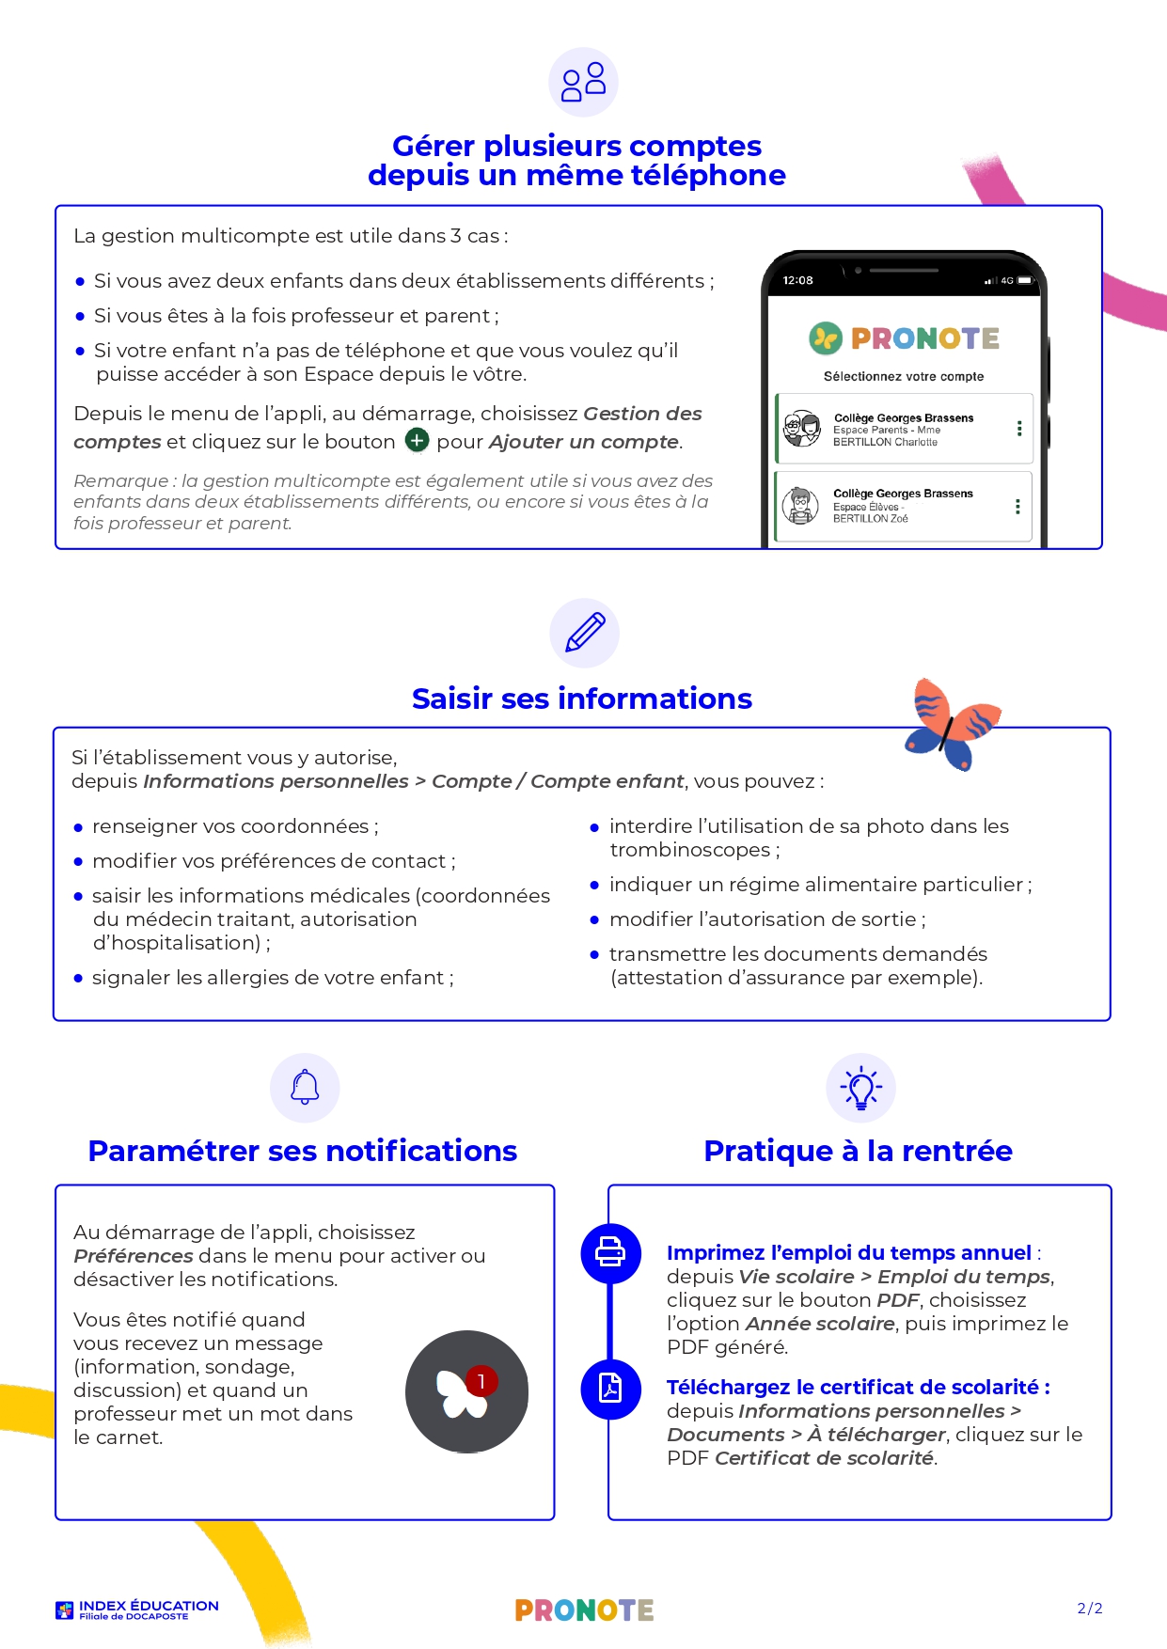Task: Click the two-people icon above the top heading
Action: point(583,82)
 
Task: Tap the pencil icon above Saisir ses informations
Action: point(584,633)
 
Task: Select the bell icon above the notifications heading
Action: point(305,1088)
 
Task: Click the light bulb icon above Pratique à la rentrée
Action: point(860,1088)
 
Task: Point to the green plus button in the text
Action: point(417,440)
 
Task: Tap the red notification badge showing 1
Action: point(481,1381)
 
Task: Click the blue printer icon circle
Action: point(610,1252)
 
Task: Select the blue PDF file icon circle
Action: point(610,1389)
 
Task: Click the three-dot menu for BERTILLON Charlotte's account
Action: point(1019,429)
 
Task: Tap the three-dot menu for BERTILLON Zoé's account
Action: point(1017,507)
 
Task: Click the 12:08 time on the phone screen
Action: point(797,280)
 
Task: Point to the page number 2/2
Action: point(1090,1609)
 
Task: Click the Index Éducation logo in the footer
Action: point(137,1610)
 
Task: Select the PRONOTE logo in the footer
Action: point(584,1610)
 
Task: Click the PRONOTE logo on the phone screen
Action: point(905,338)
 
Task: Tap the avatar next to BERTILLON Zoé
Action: point(800,506)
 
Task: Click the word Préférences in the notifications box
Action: point(134,1256)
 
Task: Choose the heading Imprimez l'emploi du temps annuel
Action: point(848,1252)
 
